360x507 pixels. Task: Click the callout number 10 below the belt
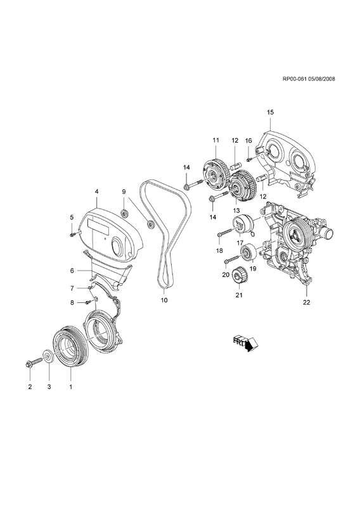click(x=164, y=300)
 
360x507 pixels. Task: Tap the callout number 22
click(x=306, y=302)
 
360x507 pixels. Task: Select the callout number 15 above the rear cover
click(x=270, y=112)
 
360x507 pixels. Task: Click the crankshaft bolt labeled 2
click(x=34, y=363)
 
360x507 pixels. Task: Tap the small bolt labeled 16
click(x=248, y=159)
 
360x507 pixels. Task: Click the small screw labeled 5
click(x=73, y=234)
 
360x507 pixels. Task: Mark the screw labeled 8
click(x=87, y=302)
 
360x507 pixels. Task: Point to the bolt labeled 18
click(x=226, y=233)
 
